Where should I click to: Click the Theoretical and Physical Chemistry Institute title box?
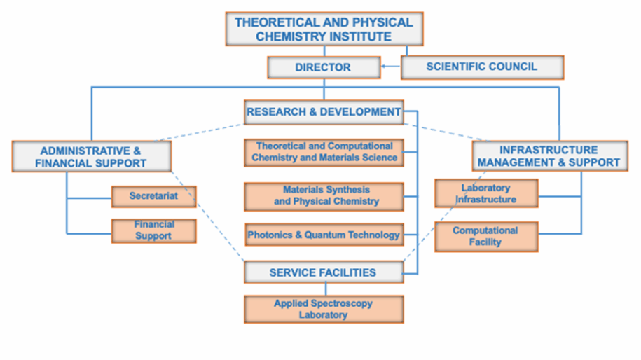pos(324,29)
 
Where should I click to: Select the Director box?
pos(323,67)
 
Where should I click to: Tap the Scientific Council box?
pos(482,67)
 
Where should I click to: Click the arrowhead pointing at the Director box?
pos(383,67)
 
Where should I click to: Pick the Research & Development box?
pos(324,111)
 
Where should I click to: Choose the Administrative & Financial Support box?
pos(92,157)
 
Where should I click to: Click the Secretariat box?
pos(153,196)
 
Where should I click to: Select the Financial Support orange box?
pos(153,230)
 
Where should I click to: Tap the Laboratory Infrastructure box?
pos(485,193)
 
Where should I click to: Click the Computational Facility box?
pos(485,237)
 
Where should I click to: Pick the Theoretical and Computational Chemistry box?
pos(324,152)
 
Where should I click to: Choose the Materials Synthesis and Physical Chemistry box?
pos(324,196)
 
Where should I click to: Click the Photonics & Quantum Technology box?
pos(324,235)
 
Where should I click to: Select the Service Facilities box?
pos(324,272)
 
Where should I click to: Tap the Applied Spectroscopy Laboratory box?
pos(324,309)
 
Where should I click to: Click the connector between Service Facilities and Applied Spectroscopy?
pos(324,289)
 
